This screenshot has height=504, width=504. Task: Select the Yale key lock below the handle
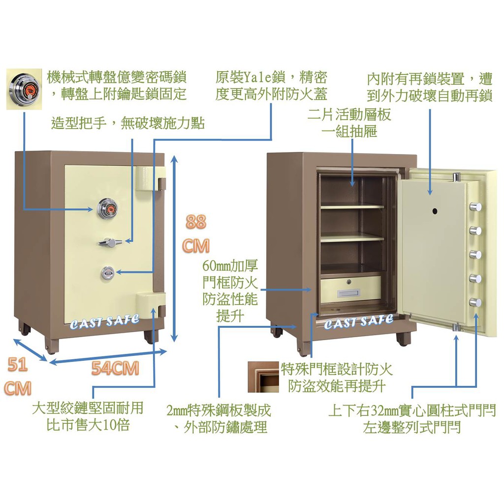pyautogui.click(x=107, y=273)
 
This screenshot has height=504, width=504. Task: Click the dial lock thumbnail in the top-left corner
pyautogui.click(x=24, y=89)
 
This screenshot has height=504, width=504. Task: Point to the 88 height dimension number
pyautogui.click(x=196, y=221)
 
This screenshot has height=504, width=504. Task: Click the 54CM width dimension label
pyautogui.click(x=115, y=368)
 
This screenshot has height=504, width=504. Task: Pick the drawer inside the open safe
pyautogui.click(x=351, y=289)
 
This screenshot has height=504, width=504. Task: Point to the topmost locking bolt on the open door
pyautogui.click(x=475, y=206)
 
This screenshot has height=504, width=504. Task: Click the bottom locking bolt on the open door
pyautogui.click(x=475, y=303)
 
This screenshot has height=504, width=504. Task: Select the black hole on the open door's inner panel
pyautogui.click(x=435, y=211)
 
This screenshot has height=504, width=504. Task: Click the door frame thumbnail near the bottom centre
pyautogui.click(x=263, y=377)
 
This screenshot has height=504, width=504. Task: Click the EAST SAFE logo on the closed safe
pyautogui.click(x=105, y=321)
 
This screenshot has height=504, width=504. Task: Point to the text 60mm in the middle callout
pyautogui.click(x=217, y=266)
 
